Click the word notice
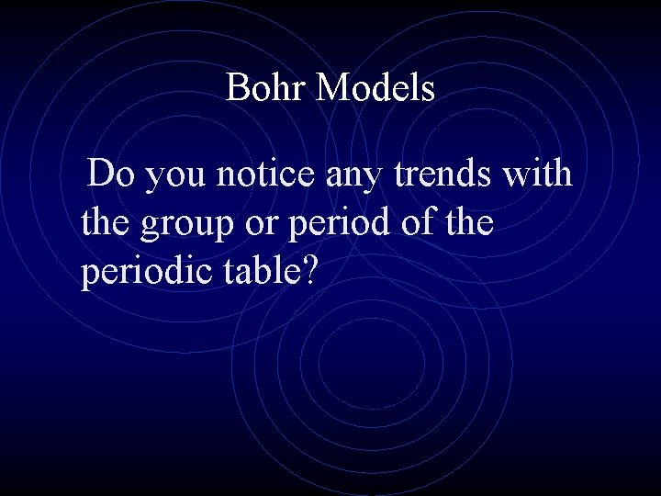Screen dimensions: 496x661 pyautogui.click(x=266, y=173)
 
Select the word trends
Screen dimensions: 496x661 pyautogui.click(x=444, y=173)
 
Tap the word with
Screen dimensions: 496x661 pyautogui.click(x=538, y=173)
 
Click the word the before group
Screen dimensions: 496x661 pyautogui.click(x=106, y=221)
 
